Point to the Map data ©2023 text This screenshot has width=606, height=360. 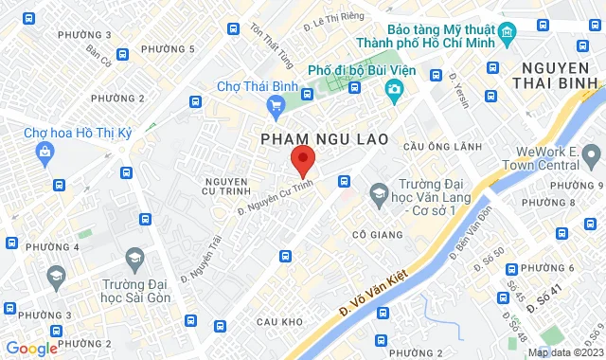click(564, 352)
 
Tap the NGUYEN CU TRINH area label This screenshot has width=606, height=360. click(225, 188)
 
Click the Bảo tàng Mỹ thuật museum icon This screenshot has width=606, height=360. click(508, 34)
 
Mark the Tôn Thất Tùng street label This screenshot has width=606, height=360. click(269, 43)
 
